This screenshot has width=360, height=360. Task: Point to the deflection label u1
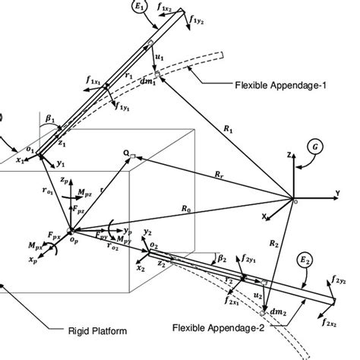click(158, 55)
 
